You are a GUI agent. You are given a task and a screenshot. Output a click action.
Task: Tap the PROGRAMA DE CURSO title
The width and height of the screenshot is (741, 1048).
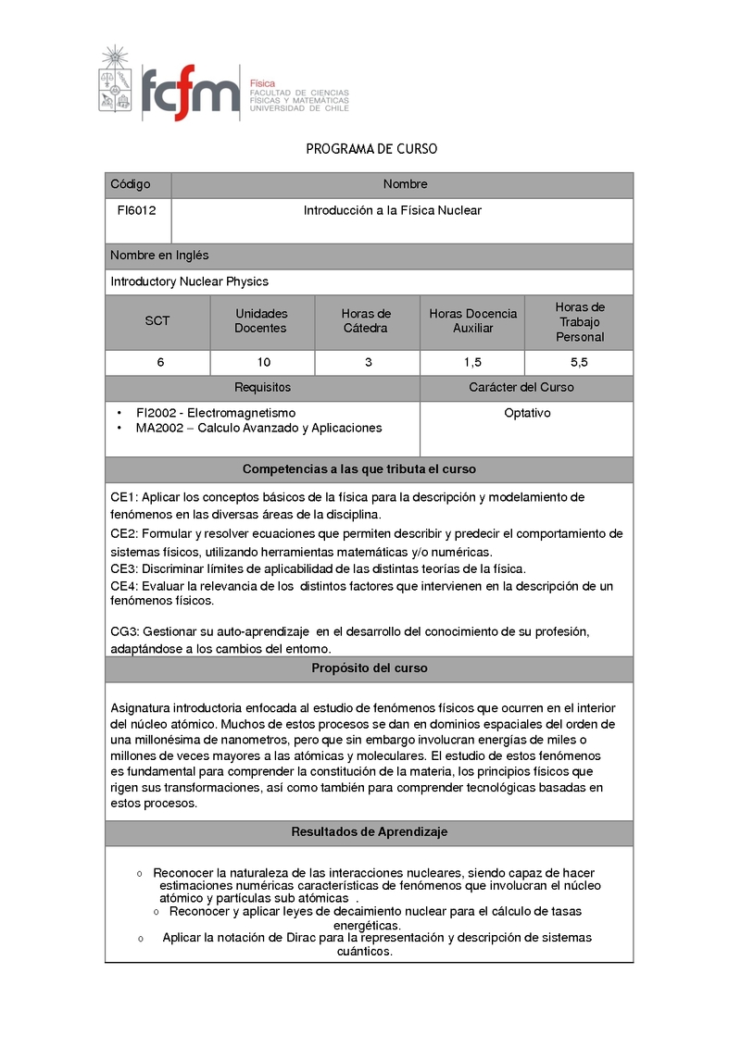[371, 149]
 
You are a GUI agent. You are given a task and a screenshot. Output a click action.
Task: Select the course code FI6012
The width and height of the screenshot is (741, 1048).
[136, 211]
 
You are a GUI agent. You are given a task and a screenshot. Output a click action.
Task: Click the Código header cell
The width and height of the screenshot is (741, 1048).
[130, 184]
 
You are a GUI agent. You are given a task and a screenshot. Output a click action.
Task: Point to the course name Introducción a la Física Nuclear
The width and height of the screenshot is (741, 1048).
[393, 211]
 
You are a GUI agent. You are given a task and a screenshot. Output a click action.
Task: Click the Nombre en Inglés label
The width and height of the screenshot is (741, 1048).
[159, 256]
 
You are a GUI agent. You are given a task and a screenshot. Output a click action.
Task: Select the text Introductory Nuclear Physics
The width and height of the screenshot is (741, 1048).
[189, 281]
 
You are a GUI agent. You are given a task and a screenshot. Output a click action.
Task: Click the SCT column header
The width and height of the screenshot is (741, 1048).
[157, 321]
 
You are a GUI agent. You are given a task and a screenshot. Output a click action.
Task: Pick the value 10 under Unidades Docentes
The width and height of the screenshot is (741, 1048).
[264, 363]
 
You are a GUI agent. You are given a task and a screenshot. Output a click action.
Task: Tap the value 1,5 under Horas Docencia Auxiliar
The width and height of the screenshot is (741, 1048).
[472, 363]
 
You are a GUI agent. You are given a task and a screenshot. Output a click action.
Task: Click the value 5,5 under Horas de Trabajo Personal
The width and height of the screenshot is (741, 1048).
[580, 363]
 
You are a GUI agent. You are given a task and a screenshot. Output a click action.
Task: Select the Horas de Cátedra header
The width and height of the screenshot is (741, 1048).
[366, 321]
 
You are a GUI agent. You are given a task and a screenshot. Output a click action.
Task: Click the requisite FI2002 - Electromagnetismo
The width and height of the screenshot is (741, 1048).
[215, 413]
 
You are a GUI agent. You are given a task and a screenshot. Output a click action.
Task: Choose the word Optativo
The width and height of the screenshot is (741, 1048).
[527, 413]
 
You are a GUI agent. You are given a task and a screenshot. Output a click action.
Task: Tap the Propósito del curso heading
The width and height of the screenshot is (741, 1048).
[369, 668]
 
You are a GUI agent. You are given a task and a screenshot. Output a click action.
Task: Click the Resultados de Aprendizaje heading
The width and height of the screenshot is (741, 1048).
[369, 832]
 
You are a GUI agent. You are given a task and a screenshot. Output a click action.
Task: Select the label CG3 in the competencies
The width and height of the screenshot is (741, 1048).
[123, 631]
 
